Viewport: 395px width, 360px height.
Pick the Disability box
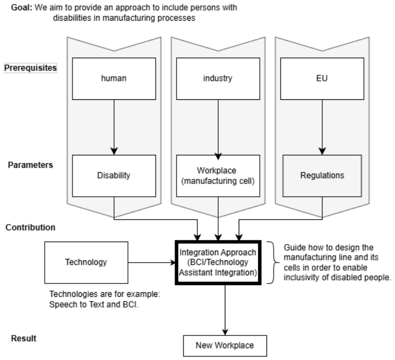click(x=114, y=176)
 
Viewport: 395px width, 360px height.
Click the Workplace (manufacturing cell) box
click(x=218, y=176)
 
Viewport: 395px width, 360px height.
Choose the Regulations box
click(x=322, y=176)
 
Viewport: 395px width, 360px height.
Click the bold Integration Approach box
click(x=218, y=262)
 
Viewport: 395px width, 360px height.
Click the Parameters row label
click(x=30, y=165)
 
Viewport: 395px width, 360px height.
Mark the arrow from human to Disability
click(x=114, y=126)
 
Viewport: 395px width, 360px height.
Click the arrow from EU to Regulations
click(x=322, y=126)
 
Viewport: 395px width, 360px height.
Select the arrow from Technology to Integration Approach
click(x=152, y=262)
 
